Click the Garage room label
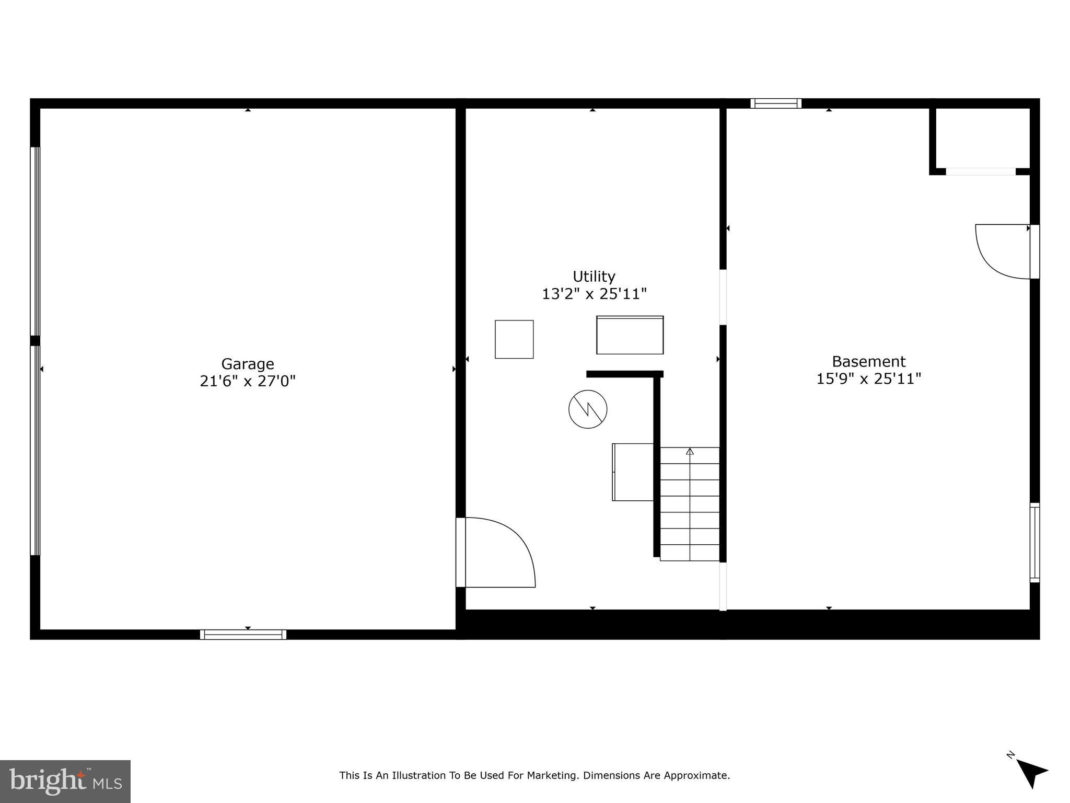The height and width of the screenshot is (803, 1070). click(248, 364)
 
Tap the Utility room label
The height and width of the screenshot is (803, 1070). click(594, 276)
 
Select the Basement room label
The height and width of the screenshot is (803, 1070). click(869, 361)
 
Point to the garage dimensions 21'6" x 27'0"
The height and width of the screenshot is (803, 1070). click(248, 381)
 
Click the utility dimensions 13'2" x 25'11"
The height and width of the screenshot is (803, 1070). click(594, 294)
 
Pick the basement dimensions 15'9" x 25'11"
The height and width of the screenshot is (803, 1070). click(869, 378)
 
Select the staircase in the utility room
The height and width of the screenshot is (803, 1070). click(690, 504)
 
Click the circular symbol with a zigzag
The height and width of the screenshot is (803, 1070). click(588, 409)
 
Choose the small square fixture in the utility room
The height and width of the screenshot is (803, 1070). click(514, 339)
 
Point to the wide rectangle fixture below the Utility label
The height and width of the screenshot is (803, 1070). click(630, 335)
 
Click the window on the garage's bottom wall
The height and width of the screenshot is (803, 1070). click(243, 635)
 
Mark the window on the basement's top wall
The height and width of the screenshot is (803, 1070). click(776, 103)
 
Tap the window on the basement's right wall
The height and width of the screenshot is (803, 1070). click(1034, 542)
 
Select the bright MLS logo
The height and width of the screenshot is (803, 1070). click(65, 781)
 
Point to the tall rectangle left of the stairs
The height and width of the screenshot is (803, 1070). click(633, 472)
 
